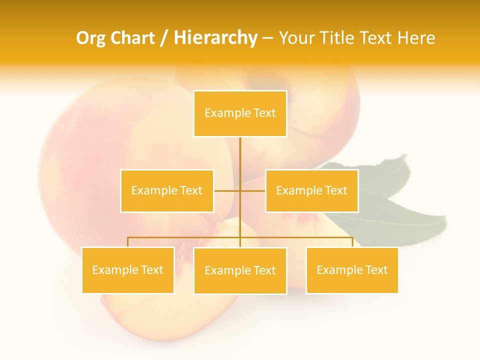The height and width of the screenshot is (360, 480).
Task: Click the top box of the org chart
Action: click(x=240, y=113)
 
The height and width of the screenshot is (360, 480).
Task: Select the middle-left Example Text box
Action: click(x=167, y=190)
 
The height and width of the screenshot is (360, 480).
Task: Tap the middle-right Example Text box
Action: click(x=311, y=190)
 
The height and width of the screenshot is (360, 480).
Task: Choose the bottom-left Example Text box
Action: click(x=128, y=270)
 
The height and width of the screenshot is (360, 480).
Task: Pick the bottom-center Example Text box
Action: click(x=240, y=270)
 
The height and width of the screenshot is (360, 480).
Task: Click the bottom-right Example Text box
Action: click(x=352, y=270)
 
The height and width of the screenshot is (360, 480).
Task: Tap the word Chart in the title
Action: click(x=132, y=38)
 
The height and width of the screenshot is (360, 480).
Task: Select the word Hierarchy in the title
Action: click(x=215, y=38)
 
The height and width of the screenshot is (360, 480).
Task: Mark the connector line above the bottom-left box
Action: click(x=128, y=242)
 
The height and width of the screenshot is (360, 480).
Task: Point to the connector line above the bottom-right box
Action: click(x=352, y=242)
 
